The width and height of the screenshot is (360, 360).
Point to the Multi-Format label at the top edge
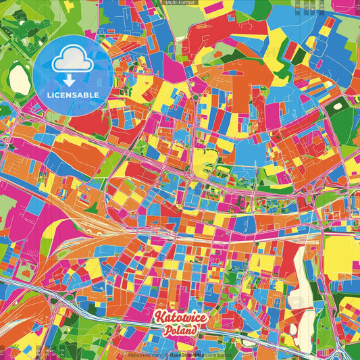pos(180,3)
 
